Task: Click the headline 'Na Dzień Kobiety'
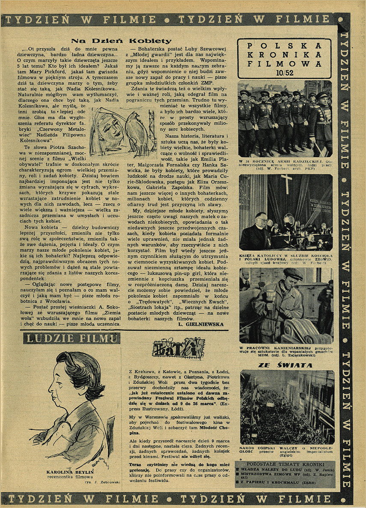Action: point(121,41)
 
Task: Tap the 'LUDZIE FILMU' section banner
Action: point(71,338)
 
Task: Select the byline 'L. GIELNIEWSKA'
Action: point(200,324)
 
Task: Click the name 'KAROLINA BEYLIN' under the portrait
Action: point(70,472)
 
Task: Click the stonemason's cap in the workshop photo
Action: point(294,274)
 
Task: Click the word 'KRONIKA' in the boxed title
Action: point(285,54)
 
